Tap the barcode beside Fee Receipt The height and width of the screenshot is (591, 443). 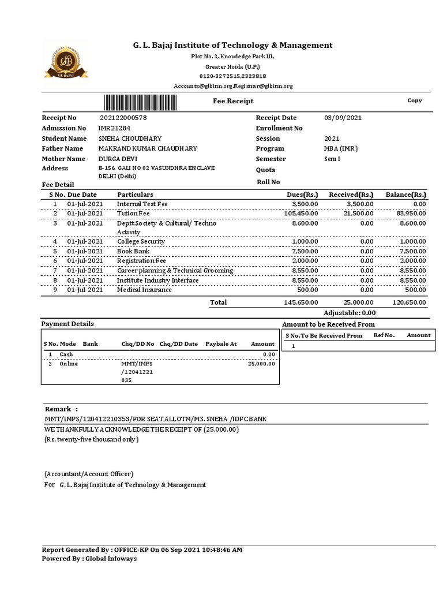(x=148, y=102)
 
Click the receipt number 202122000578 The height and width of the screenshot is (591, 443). (x=123, y=118)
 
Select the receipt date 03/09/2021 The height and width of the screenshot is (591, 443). (x=343, y=118)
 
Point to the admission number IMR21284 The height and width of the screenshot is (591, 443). (x=114, y=128)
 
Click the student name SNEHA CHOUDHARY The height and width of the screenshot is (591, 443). (x=130, y=139)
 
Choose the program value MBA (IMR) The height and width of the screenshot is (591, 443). (x=341, y=148)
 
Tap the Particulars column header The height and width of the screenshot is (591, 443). (x=135, y=195)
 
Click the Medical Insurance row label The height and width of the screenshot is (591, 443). (x=144, y=290)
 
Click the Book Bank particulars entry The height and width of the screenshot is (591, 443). (x=133, y=252)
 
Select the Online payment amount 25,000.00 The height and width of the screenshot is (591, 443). (x=261, y=364)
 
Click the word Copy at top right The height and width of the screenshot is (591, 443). (x=415, y=100)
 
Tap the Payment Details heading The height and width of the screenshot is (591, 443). (x=67, y=324)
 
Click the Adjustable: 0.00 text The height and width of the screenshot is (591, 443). (x=350, y=313)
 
